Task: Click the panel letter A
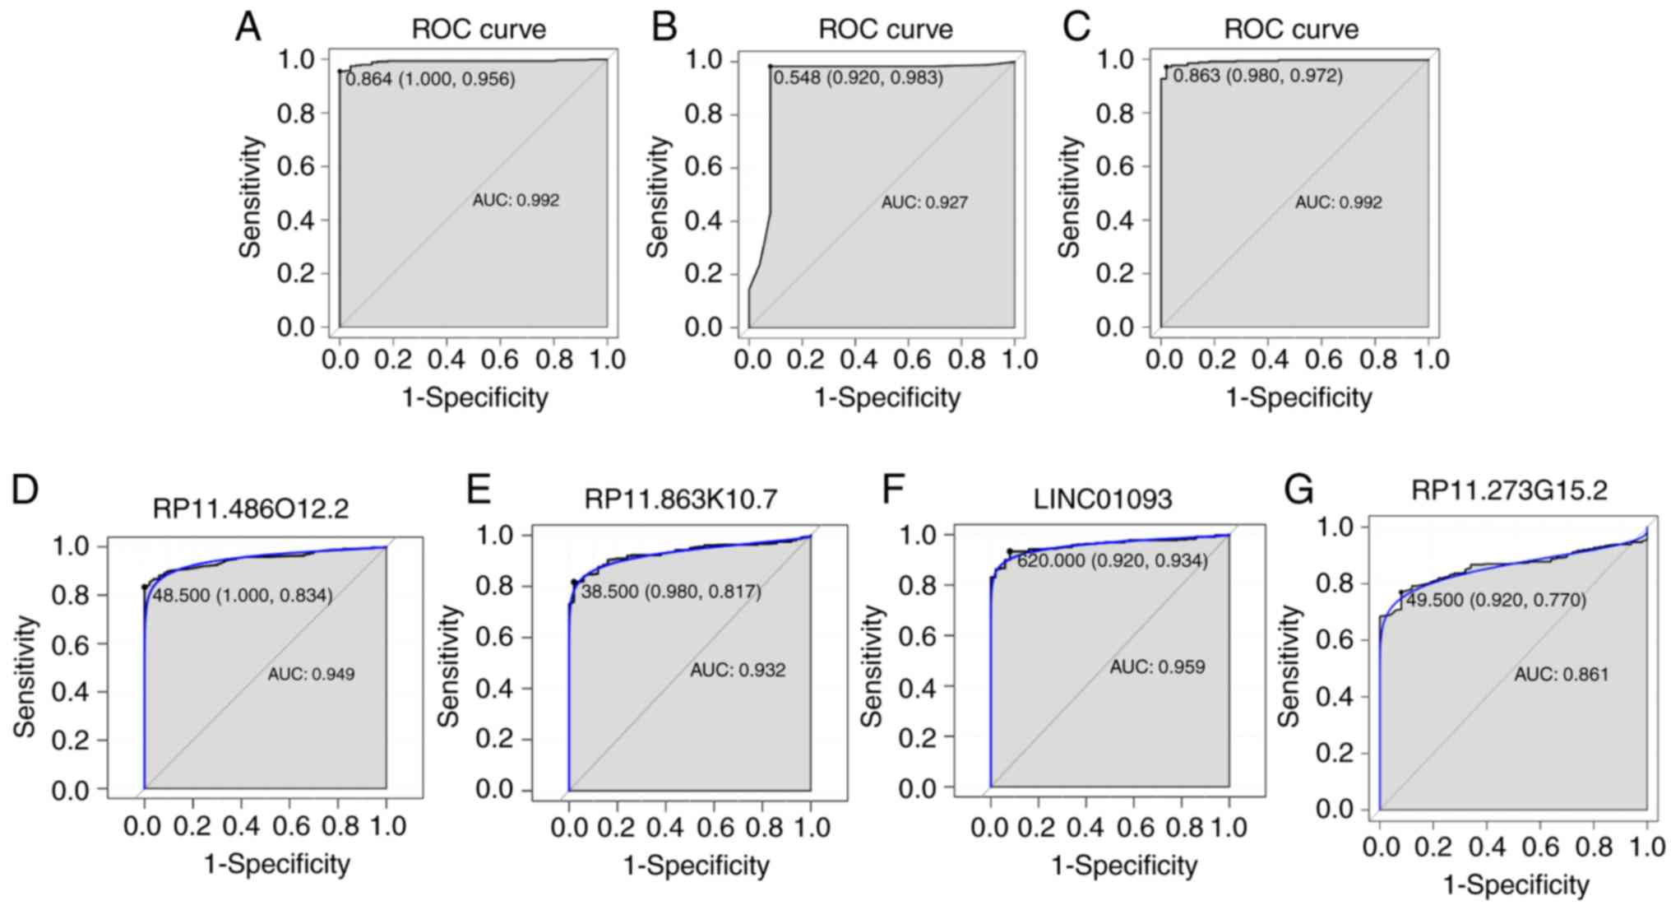[x=248, y=27]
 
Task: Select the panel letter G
[x=1299, y=491]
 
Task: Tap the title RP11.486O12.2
[x=251, y=508]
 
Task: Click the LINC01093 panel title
[x=1102, y=499]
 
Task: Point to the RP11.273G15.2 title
[x=1509, y=490]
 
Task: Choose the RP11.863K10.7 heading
[x=681, y=499]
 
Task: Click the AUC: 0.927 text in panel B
[x=924, y=202]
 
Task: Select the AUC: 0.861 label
[x=1562, y=675]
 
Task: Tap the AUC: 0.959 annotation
[x=1157, y=666]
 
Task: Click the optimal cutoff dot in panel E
[x=575, y=583]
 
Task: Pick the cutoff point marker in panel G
[x=1401, y=592]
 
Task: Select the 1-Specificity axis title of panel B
[x=887, y=398]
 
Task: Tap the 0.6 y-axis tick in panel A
[x=296, y=167]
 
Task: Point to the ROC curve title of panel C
[x=1291, y=30]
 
